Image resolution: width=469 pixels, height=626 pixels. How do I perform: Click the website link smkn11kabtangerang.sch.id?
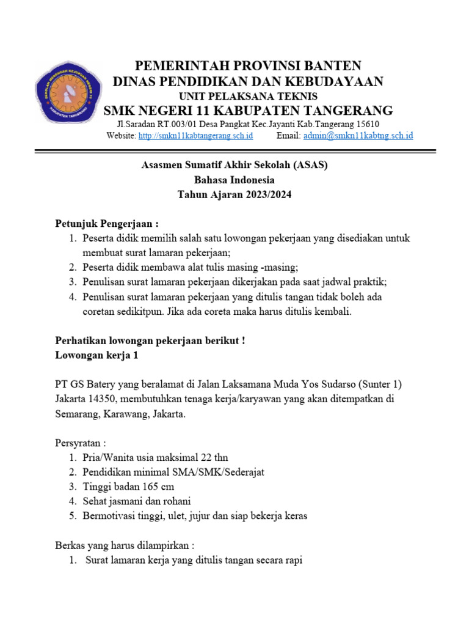[195, 135]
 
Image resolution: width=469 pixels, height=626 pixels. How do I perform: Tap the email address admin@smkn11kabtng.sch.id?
[358, 135]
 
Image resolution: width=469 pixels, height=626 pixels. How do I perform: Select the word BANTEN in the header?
[330, 65]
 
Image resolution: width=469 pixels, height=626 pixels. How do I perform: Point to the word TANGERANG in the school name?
[344, 111]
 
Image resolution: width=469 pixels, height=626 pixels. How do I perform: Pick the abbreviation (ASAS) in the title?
[314, 165]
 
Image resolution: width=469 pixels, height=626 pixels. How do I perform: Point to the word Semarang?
[77, 414]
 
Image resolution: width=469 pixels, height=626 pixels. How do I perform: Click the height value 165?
[147, 487]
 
